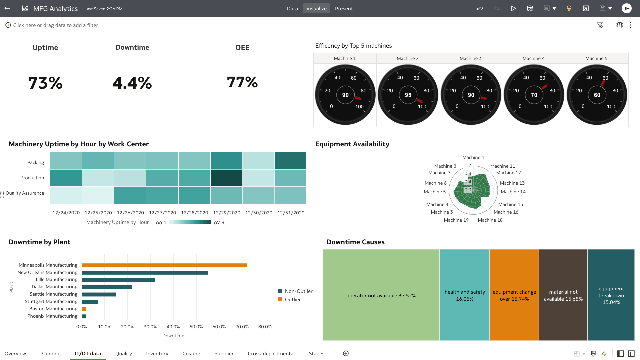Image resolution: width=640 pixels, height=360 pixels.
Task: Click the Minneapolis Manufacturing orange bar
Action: [164, 265]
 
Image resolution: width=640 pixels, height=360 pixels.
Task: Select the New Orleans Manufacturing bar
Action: [145, 273]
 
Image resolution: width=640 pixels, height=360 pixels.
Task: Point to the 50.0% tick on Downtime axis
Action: [196, 327]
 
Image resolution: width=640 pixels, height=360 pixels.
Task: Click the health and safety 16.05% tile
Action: [464, 295]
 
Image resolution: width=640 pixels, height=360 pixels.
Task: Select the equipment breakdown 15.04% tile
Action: [611, 295]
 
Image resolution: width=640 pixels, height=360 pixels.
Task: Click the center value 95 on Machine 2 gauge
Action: [408, 95]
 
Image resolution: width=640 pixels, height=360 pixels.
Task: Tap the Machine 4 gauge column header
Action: [533, 58]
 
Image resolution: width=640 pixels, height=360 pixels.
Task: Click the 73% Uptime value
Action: [45, 83]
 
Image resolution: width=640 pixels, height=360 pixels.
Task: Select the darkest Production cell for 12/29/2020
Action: [226, 178]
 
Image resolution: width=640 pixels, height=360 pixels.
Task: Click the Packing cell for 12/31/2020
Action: [290, 161]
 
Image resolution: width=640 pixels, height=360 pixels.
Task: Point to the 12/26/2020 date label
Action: [130, 213]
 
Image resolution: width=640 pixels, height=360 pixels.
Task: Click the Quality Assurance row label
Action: [25, 193]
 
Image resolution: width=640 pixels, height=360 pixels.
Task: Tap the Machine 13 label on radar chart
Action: [512, 183]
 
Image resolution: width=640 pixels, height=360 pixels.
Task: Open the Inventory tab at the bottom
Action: [157, 353]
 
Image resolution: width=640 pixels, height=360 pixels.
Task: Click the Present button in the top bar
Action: [344, 9]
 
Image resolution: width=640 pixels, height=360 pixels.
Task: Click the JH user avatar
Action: [626, 8]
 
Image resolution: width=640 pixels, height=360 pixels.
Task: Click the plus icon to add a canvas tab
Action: [346, 353]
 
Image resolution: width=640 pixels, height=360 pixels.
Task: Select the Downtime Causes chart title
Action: [355, 242]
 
